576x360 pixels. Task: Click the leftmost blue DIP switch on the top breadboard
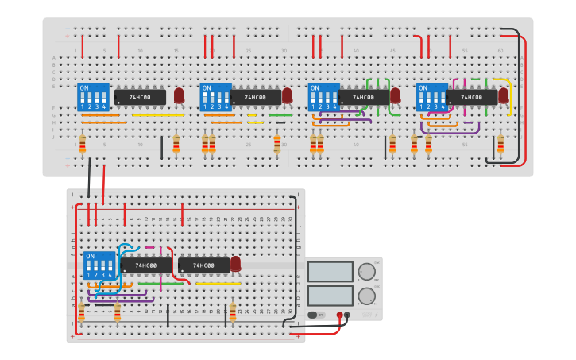coord(93,97)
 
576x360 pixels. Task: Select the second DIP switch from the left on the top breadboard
coord(215,97)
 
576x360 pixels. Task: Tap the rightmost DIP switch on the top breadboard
coord(432,97)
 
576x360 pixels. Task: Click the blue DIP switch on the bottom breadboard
coord(99,265)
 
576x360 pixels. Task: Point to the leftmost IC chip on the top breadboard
coord(141,97)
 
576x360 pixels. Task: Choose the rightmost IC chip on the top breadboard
coord(472,97)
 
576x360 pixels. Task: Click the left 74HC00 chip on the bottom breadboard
coord(146,265)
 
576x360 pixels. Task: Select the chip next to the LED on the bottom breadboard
coord(203,265)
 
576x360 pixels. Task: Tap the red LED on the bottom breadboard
coord(235,264)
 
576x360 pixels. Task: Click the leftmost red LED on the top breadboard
coord(179,95)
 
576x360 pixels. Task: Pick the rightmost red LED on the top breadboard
coord(503,95)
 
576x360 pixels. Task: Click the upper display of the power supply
coord(330,271)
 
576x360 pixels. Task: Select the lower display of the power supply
coord(330,296)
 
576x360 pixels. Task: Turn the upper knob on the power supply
coord(366,272)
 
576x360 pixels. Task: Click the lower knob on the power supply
coord(366,296)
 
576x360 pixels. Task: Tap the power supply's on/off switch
coord(316,315)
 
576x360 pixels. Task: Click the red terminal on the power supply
coord(339,315)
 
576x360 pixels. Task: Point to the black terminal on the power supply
coord(347,315)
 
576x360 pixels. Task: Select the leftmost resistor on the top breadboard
coord(82,145)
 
